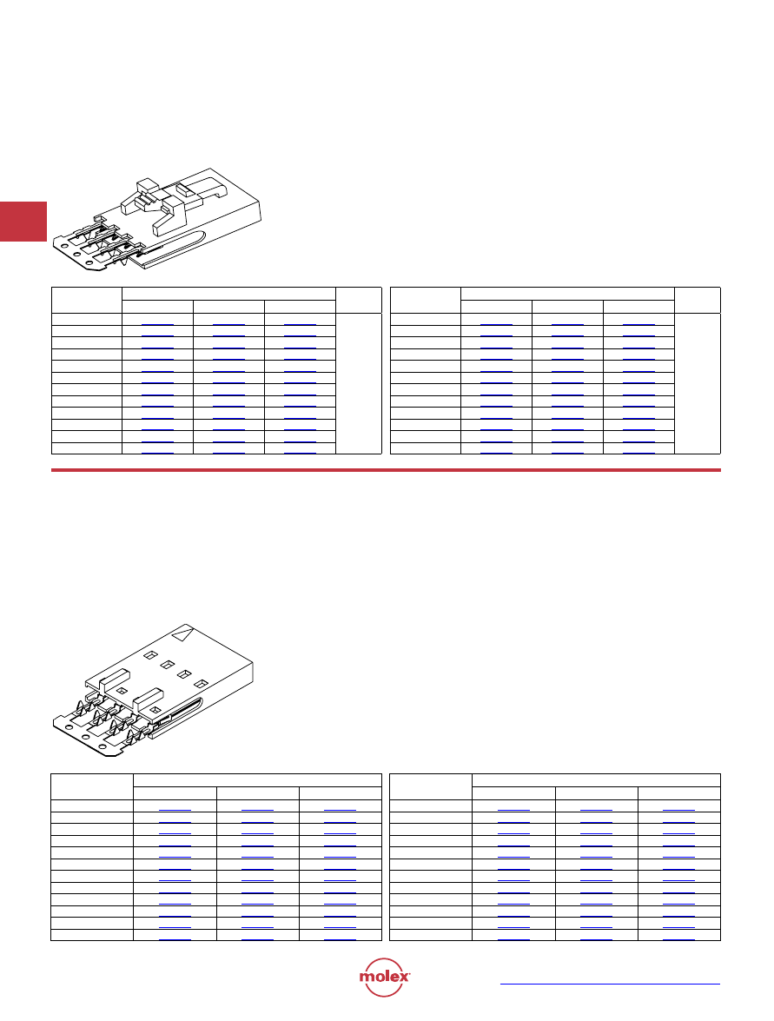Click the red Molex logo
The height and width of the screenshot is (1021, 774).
point(384,977)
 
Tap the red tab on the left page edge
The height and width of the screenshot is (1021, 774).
point(23,222)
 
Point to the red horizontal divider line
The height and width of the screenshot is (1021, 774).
point(386,469)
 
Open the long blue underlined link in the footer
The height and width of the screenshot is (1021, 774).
point(610,984)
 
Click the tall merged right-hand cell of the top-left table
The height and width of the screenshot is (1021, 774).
point(359,383)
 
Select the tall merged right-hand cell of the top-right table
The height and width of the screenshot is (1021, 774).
point(698,383)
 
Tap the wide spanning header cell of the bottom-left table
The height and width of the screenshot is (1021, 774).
point(257,780)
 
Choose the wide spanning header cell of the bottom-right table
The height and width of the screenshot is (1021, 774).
point(596,780)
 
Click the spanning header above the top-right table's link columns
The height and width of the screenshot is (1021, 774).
point(567,294)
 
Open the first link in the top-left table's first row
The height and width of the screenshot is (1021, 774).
point(157,323)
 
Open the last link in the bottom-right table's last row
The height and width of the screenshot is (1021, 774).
point(679,939)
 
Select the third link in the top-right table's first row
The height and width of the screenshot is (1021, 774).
point(638,323)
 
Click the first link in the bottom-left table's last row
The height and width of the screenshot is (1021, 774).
point(175,939)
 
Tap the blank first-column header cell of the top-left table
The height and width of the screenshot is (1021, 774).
point(87,300)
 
